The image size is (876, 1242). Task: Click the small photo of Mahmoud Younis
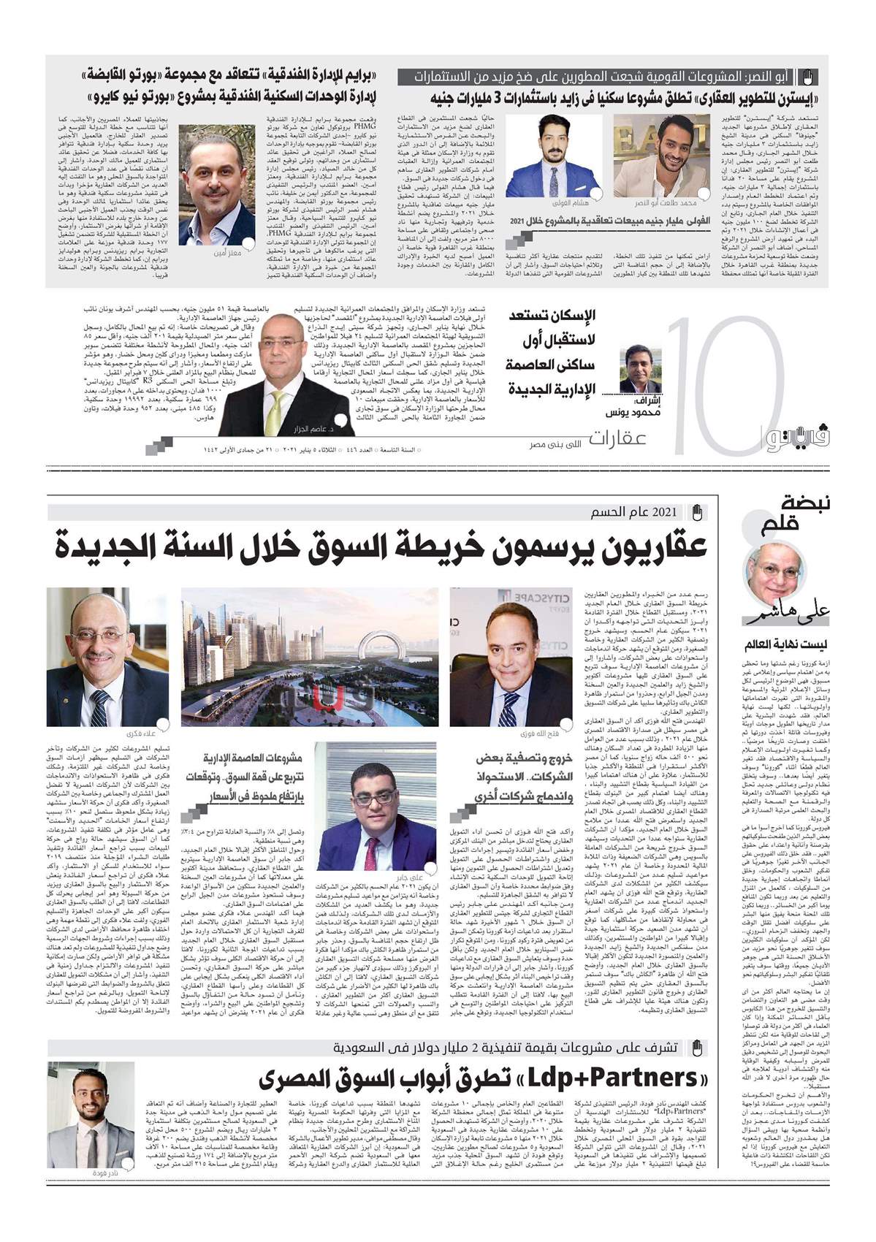point(640,370)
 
